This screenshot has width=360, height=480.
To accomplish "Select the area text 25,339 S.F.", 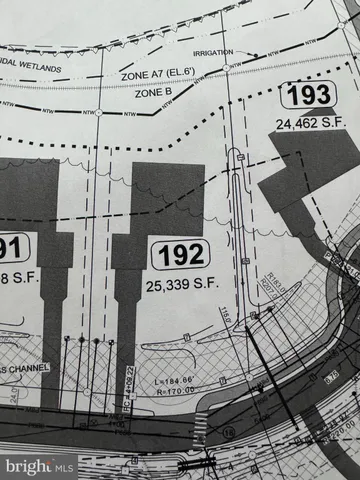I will tap(180, 283).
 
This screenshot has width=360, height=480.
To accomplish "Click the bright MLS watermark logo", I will tap(38, 465).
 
